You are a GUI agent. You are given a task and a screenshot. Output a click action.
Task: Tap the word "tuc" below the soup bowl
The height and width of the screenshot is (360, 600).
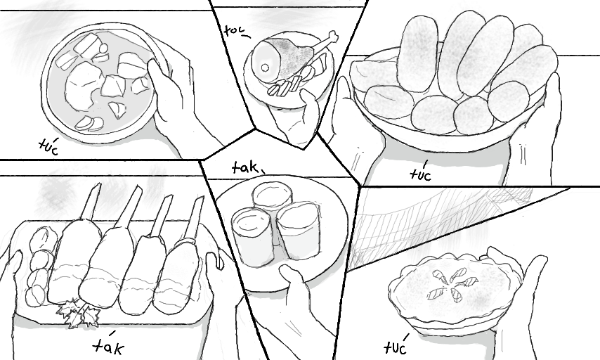point(48,146)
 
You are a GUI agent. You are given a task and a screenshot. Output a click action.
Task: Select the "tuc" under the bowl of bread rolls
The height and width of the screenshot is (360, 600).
point(421,173)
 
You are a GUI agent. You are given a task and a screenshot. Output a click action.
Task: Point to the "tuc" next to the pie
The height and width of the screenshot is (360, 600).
point(396,345)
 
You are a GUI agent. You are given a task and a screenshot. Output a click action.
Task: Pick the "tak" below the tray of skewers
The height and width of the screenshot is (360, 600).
point(109,345)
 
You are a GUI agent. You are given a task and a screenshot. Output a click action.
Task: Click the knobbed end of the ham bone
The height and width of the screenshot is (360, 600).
point(334,37)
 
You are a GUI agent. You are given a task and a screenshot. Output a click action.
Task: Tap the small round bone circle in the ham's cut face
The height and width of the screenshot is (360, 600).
point(265,68)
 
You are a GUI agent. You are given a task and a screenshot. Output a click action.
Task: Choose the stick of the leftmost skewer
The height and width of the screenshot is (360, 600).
point(91,201)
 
